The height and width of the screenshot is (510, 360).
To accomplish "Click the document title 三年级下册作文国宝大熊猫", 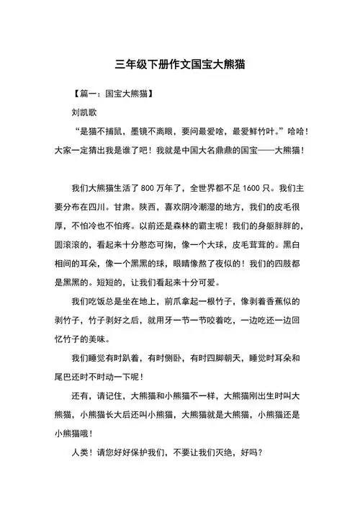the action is click(180, 63).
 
